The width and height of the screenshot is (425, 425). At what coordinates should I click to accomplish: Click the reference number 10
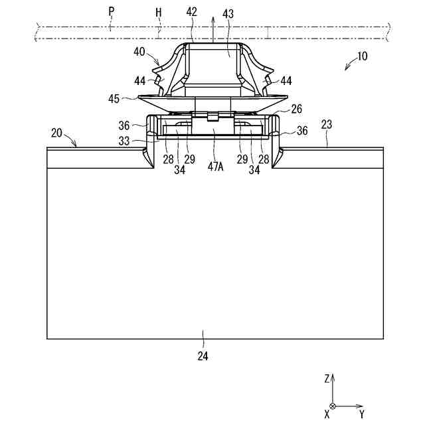point(363,56)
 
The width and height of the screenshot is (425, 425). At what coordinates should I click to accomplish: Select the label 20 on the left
point(56,133)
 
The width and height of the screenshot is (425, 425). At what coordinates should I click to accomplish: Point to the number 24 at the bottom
point(203,356)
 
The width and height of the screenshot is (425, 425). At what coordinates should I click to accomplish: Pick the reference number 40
point(139,50)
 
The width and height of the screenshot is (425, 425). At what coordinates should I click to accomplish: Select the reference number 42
point(191,11)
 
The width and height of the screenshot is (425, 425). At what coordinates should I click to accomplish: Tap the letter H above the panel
point(159,11)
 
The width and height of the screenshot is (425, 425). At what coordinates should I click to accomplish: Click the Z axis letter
point(327,378)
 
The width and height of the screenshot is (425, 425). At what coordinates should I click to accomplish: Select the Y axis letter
point(361,414)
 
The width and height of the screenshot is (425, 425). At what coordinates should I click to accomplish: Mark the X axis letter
point(327,414)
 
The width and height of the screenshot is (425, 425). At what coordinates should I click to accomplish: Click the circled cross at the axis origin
point(333,406)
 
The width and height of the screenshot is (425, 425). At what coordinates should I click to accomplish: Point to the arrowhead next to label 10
point(346,68)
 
